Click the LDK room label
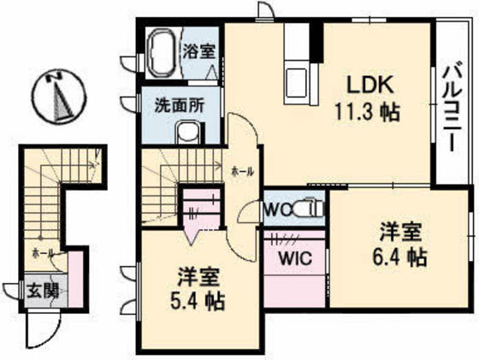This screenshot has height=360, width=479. pyautogui.click(x=368, y=86)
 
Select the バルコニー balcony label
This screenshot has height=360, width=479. pyautogui.click(x=454, y=107)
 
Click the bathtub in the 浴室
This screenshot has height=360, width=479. pyautogui.click(x=160, y=52)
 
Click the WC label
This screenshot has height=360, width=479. pyautogui.click(x=277, y=209)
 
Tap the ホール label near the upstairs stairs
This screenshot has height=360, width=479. pyautogui.click(x=242, y=171)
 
